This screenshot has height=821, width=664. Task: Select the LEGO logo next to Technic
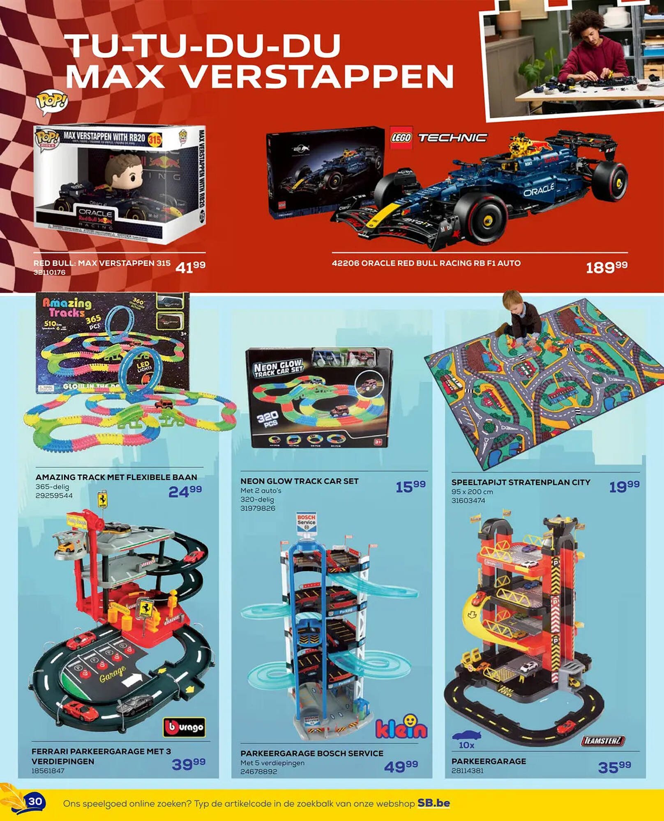click(401, 138)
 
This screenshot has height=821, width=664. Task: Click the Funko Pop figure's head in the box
click(124, 172)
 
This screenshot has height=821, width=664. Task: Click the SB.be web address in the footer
click(433, 803)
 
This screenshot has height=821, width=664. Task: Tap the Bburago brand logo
click(184, 727)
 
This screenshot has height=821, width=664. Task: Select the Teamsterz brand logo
click(603, 741)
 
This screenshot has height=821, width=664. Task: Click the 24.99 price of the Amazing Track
click(185, 491)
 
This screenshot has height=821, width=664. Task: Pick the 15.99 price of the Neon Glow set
click(410, 486)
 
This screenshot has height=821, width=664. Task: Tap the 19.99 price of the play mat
click(624, 486)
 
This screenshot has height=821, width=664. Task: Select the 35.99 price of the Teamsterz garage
click(614, 767)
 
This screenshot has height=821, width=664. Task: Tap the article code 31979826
click(258, 509)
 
